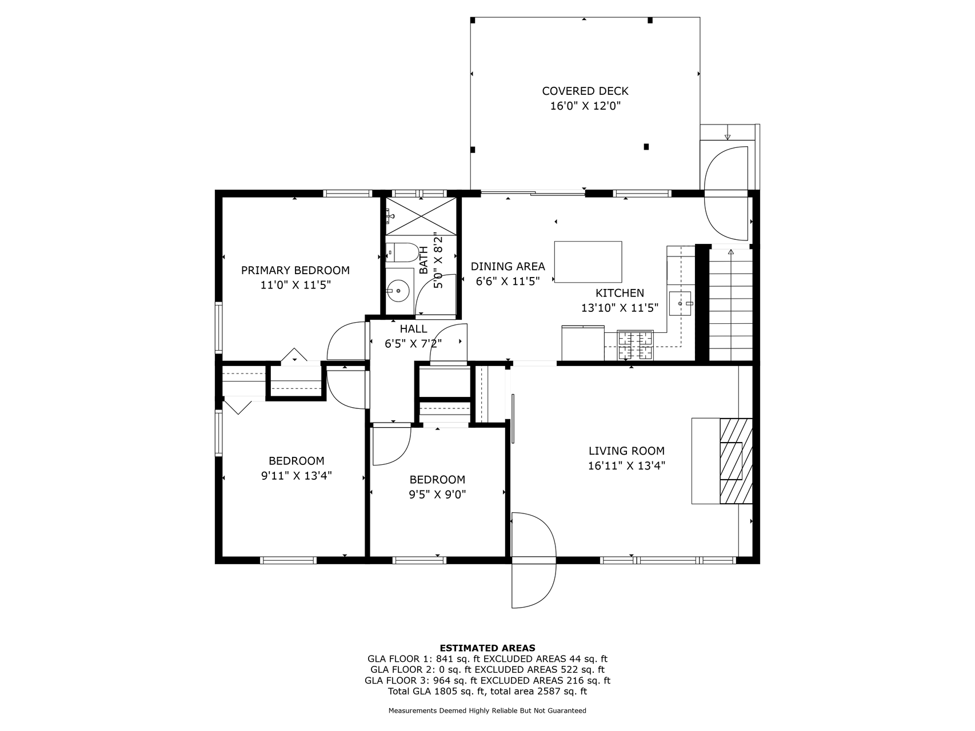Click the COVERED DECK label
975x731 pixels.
(585, 91)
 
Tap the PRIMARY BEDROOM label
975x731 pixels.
(295, 270)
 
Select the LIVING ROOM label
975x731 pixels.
(626, 451)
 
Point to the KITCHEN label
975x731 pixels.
(620, 293)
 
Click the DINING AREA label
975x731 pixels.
(508, 266)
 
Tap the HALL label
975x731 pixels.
(413, 329)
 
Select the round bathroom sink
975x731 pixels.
(398, 291)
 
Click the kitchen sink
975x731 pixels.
(681, 303)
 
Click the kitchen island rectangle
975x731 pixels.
(588, 262)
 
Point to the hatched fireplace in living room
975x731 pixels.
(736, 461)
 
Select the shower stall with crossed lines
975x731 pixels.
(422, 216)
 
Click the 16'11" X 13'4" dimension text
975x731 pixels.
(626, 465)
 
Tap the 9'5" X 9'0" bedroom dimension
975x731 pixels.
(437, 495)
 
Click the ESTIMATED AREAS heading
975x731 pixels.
(487, 648)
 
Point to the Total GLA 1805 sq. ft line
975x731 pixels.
(487, 691)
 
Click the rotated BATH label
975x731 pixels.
(423, 260)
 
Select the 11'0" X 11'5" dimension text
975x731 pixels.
(295, 285)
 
